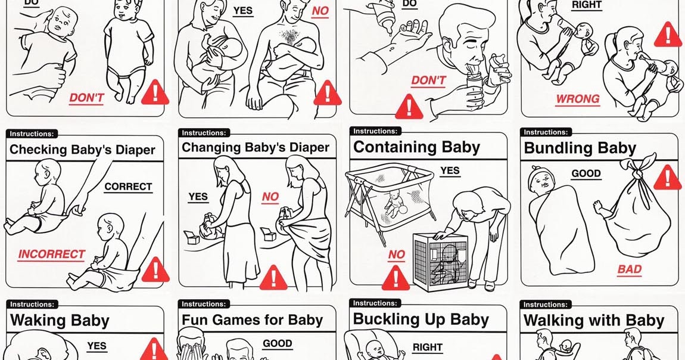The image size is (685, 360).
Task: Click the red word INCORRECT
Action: (51, 255)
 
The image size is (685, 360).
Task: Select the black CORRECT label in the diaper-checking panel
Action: (128, 187)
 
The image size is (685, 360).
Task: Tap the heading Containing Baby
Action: (416, 147)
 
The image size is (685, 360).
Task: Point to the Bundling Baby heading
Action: (580, 148)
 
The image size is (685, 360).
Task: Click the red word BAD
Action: (629, 269)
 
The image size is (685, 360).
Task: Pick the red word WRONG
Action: (577, 99)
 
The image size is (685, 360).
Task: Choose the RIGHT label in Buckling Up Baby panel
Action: (427, 347)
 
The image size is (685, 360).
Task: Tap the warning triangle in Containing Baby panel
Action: (396, 278)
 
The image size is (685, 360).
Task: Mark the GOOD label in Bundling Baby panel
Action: (586, 174)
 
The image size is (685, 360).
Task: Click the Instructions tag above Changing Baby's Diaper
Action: (204, 133)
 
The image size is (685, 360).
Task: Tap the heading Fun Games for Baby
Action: (252, 319)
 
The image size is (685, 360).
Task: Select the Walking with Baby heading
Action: (593, 321)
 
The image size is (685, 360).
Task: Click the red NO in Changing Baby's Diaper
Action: (270, 197)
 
